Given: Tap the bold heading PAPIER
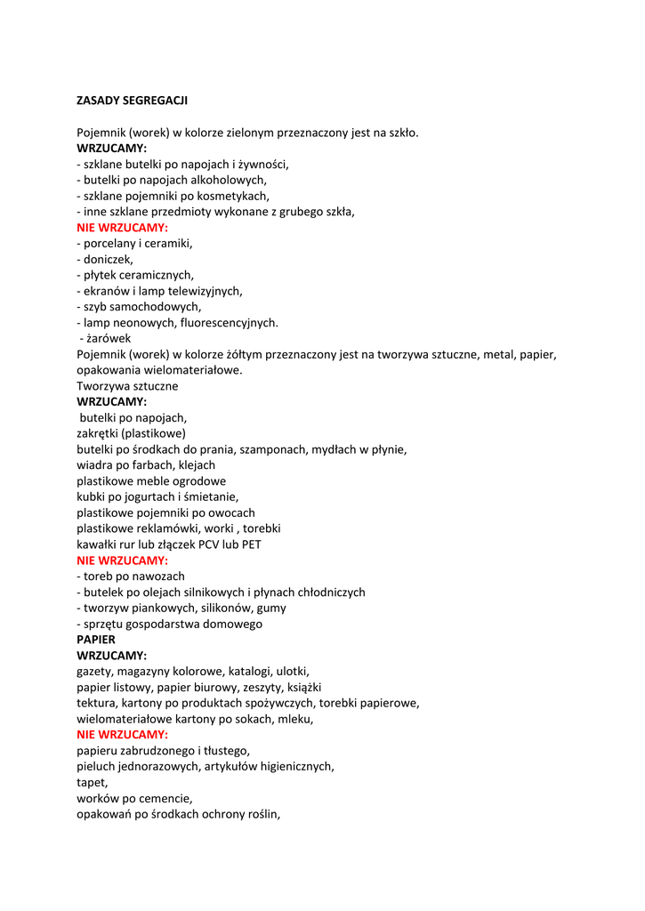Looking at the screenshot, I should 96,640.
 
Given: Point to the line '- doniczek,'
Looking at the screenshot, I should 105,259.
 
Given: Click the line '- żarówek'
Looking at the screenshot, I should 106,338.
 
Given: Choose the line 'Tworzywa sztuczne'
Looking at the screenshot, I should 127,386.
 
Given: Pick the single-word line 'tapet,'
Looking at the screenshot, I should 92,783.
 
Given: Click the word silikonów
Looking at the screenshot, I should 218,608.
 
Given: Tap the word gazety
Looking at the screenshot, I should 93,672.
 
